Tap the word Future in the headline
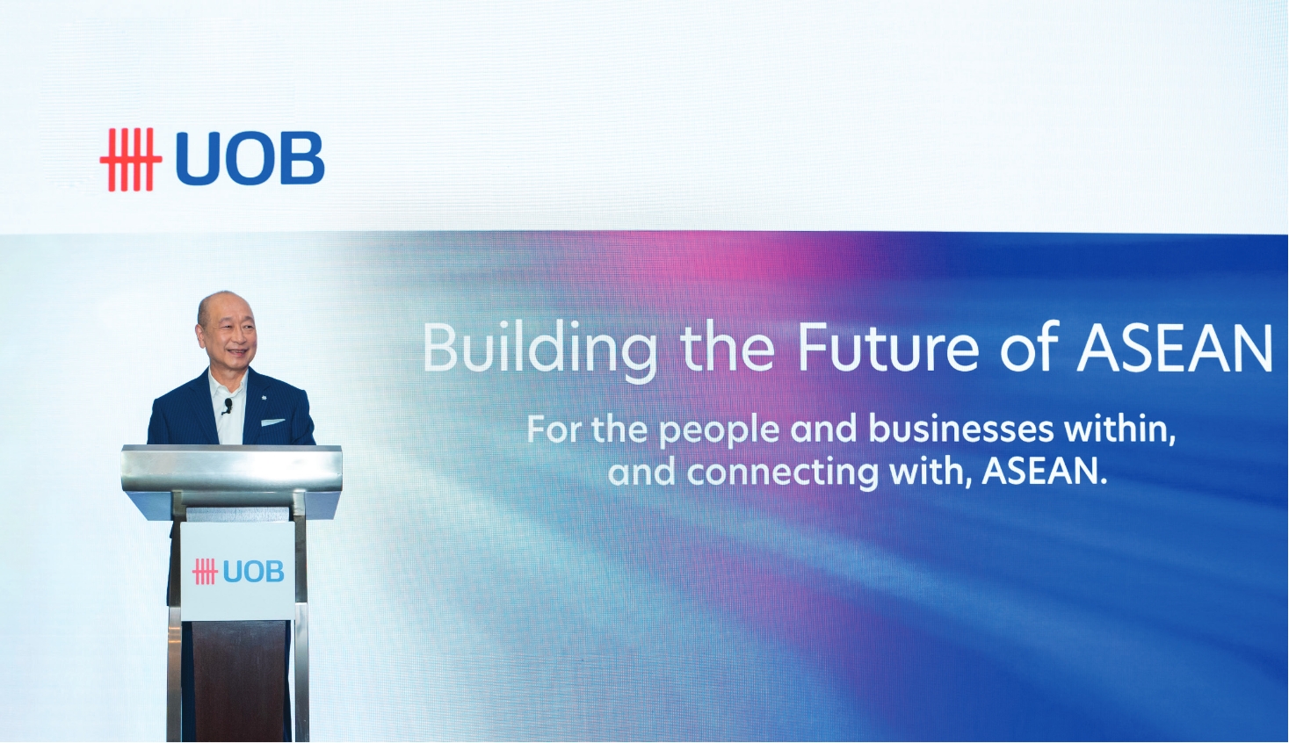coord(888,347)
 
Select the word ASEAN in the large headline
coord(1175,347)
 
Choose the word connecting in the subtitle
coord(783,473)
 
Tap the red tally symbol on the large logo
coord(131,159)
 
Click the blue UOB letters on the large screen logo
coord(250,159)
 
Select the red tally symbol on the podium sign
coord(205,572)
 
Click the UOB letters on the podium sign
coord(253,572)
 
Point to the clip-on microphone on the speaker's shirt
coord(228,406)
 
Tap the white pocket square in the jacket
coord(272,422)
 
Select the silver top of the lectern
coord(232,469)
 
